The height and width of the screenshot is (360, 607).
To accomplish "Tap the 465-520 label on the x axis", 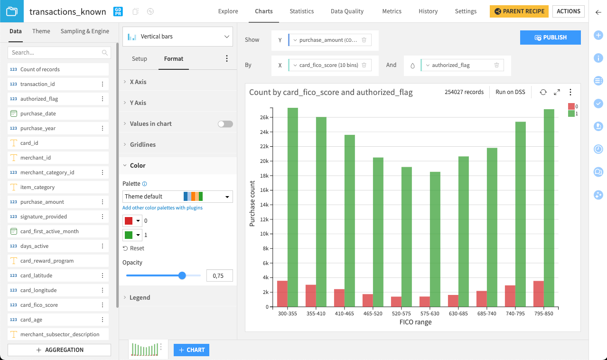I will pos(373,313).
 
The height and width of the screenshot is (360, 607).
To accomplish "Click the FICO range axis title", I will pos(415,322).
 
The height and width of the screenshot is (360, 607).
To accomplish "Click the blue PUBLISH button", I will pos(550,38).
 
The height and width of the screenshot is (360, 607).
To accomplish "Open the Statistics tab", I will pos(301,11).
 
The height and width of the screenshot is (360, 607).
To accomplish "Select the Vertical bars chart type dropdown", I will pos(177,37).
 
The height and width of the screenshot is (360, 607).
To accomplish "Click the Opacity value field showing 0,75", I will pos(219,275).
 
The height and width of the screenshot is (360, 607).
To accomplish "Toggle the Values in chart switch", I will pos(225,124).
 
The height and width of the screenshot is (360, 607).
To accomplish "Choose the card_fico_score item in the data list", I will pos(39,305).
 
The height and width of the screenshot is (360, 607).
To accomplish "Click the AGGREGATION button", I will pos(59,350).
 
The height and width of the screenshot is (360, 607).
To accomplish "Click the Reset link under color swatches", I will pos(133,248).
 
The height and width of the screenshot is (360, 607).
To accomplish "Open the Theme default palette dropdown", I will pos(177,197).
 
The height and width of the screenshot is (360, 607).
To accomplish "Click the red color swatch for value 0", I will pos(129,221).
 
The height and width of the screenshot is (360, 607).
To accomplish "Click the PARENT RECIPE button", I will pos(519,11).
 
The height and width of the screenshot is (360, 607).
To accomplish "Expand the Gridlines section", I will pos(142,144).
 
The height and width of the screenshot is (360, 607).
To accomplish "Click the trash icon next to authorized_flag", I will pos(496,66).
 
